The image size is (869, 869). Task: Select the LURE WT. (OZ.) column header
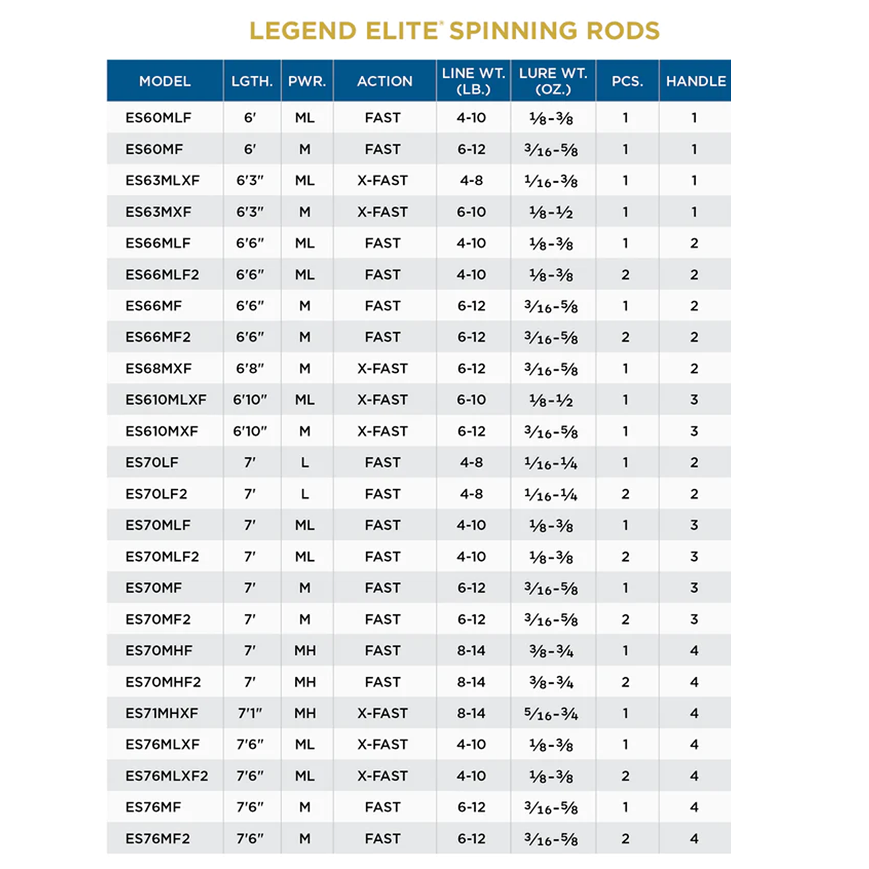click(553, 81)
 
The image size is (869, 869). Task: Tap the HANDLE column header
click(695, 81)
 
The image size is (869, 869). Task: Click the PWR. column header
click(307, 81)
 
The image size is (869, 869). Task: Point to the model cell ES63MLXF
click(163, 180)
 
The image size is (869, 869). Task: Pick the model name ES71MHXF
click(162, 713)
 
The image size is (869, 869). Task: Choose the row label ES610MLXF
click(166, 400)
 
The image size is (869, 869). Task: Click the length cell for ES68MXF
click(250, 368)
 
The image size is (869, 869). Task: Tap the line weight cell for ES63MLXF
click(471, 180)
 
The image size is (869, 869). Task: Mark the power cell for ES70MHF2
click(305, 682)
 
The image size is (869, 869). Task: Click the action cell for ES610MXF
click(382, 431)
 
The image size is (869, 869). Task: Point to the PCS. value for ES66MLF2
click(625, 275)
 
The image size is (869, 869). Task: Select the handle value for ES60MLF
click(694, 118)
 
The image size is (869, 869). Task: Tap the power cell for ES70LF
click(305, 462)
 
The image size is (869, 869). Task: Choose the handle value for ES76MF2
click(694, 839)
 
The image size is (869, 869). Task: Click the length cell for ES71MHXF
click(250, 713)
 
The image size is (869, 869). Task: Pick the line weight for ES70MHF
click(471, 651)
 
